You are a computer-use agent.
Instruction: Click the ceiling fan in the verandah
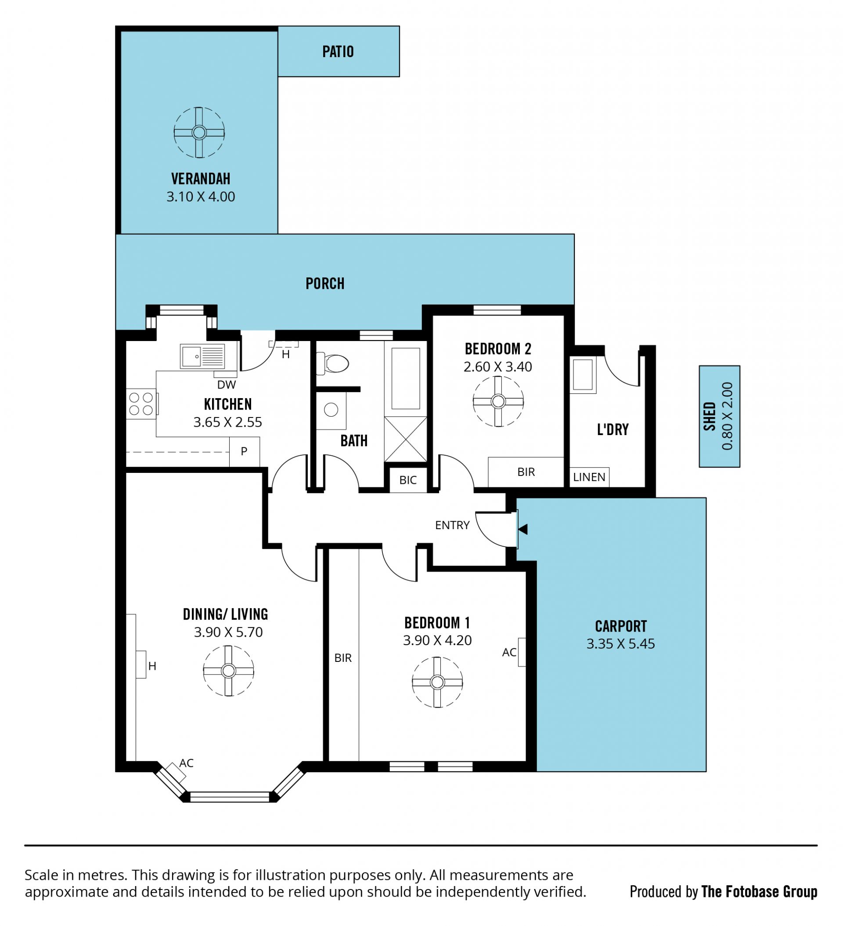199,133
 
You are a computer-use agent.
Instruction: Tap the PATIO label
338,51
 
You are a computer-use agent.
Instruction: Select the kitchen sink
202,356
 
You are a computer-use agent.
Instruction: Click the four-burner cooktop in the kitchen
141,404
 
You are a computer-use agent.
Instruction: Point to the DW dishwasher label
227,385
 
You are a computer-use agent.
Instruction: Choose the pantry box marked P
244,451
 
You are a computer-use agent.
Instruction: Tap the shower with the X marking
406,439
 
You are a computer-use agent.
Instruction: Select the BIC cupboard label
408,480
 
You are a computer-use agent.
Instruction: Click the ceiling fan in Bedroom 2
498,401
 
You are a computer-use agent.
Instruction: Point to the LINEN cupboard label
589,477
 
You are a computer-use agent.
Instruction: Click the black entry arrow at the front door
522,529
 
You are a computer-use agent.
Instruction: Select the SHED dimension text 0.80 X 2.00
728,416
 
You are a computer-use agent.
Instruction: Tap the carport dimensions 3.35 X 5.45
620,643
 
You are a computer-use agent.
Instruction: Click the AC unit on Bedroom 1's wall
522,652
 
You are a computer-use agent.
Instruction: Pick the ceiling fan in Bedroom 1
437,682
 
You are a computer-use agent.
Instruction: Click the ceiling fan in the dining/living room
229,671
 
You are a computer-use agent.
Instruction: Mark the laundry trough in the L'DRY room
583,374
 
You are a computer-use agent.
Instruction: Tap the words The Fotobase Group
760,892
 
